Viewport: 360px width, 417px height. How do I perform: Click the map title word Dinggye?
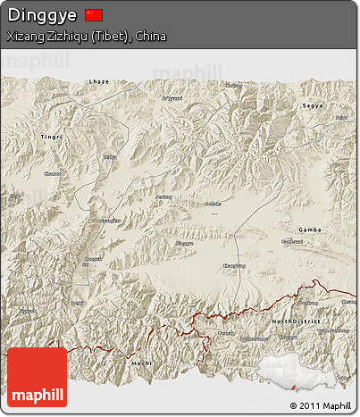tap(41, 15)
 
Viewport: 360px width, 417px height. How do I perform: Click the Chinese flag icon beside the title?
tap(94, 15)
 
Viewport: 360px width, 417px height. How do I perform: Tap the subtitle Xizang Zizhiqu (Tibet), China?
tap(86, 37)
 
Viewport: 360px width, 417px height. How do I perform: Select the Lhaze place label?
tap(99, 81)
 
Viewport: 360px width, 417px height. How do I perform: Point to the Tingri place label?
tap(52, 136)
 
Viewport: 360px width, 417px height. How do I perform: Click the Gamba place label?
tap(310, 229)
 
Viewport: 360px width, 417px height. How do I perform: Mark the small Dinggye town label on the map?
tap(184, 243)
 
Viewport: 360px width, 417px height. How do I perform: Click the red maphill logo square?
tap(37, 377)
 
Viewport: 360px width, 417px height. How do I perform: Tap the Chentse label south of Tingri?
tap(53, 173)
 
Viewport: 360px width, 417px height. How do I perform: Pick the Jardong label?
tap(163, 196)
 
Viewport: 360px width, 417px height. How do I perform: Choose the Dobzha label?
tap(213, 204)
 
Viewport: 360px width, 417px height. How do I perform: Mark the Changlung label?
tap(233, 265)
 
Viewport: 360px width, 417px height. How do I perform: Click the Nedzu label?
tap(110, 157)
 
